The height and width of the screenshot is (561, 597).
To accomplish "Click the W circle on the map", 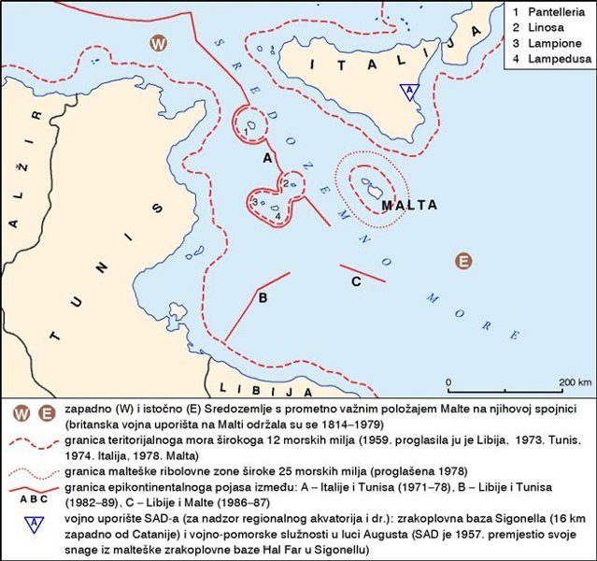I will [160, 43].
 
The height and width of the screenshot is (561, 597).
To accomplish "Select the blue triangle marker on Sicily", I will [408, 91].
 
